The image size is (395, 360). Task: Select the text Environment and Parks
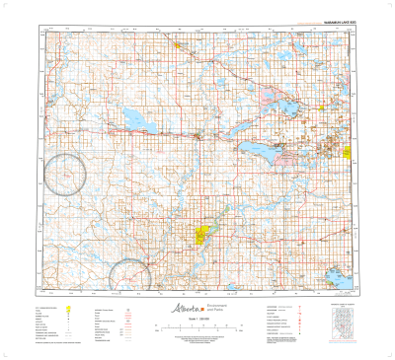216,308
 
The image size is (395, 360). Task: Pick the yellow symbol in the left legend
68,309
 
